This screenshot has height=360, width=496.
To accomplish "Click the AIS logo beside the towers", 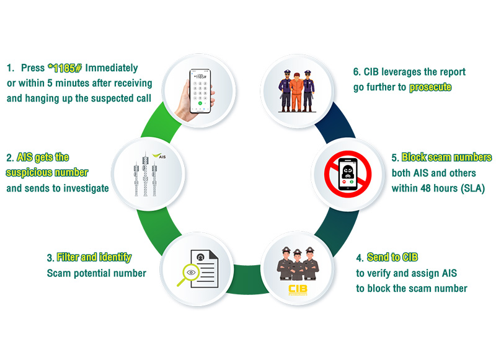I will (x=160, y=155).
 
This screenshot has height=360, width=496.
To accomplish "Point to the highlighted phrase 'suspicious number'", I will (x=48, y=172).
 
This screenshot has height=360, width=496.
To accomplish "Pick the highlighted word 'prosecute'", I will (x=430, y=87).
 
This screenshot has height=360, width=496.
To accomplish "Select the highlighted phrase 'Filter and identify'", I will (x=94, y=257).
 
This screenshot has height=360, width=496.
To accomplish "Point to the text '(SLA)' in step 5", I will (x=471, y=188).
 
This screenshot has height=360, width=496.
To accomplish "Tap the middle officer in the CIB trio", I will (x=298, y=265).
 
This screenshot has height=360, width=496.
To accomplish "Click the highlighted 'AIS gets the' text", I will (x=43, y=157).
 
